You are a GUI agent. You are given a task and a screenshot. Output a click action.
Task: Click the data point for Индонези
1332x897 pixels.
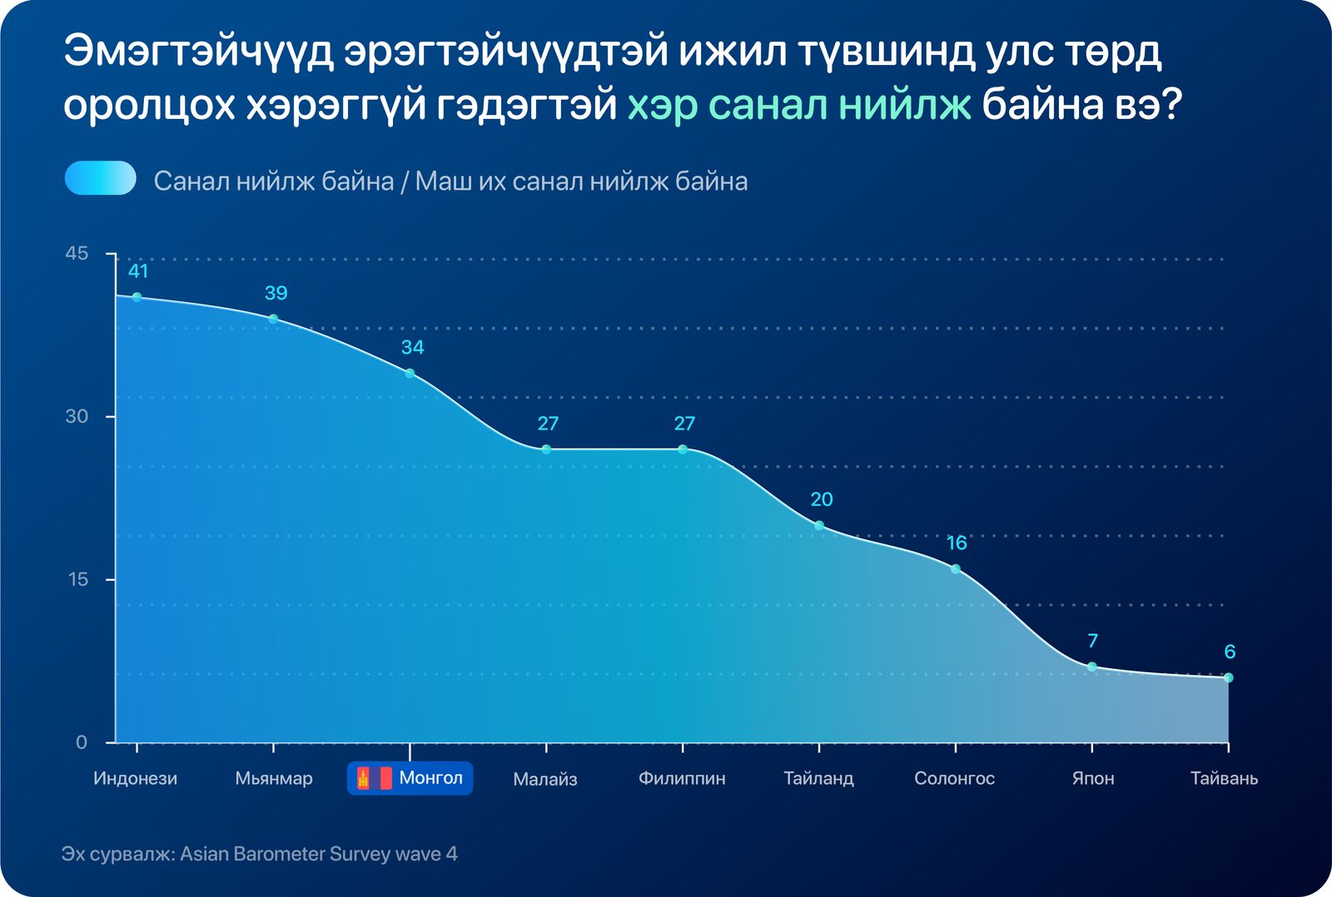(137, 297)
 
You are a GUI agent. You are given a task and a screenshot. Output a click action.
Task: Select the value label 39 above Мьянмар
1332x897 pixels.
(276, 293)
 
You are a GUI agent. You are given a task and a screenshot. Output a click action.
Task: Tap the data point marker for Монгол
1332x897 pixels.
(410, 374)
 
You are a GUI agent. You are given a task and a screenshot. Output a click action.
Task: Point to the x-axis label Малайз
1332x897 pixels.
(545, 779)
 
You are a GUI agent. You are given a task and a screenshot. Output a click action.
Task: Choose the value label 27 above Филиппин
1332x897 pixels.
(684, 424)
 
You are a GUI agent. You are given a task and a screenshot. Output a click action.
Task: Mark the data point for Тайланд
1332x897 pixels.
(819, 526)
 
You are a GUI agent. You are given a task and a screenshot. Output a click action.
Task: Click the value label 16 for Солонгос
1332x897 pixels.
(957, 543)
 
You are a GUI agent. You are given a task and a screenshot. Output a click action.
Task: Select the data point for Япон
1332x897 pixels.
(1091, 667)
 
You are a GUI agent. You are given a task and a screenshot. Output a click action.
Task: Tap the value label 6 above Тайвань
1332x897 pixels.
(1230, 652)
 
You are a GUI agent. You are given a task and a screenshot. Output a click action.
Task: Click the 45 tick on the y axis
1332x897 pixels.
(77, 254)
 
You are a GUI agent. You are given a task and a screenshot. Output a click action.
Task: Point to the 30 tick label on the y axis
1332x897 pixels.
(77, 416)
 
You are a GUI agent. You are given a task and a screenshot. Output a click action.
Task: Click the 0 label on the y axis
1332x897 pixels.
(82, 742)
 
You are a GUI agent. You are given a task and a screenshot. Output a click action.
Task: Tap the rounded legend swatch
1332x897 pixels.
(101, 178)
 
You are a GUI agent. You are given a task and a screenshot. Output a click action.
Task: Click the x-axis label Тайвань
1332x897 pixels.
(1224, 778)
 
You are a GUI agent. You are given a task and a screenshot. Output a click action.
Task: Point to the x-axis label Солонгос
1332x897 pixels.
(954, 778)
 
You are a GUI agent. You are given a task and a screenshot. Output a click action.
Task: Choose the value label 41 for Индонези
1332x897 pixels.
(138, 271)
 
